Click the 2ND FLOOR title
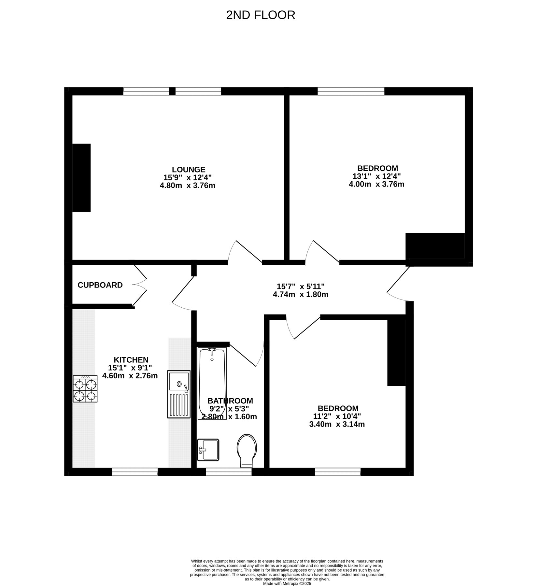tap(261, 15)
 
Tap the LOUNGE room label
tap(189, 170)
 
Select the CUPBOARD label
tap(100, 285)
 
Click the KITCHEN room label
tap(131, 360)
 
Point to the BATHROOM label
tap(230, 401)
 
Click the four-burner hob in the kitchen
tap(85, 389)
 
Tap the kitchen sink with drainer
tap(179, 394)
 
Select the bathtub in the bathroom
tap(212, 383)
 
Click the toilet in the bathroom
tap(247, 451)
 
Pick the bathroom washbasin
tap(208, 450)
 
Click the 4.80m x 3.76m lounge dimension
tap(188, 186)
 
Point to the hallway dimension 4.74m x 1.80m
tap(301, 295)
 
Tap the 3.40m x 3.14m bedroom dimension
tap(337, 424)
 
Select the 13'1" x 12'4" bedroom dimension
tap(377, 176)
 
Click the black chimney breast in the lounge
tap(81, 178)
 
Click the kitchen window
tap(135, 472)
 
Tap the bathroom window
tap(229, 472)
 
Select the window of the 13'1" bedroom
tap(351, 91)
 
